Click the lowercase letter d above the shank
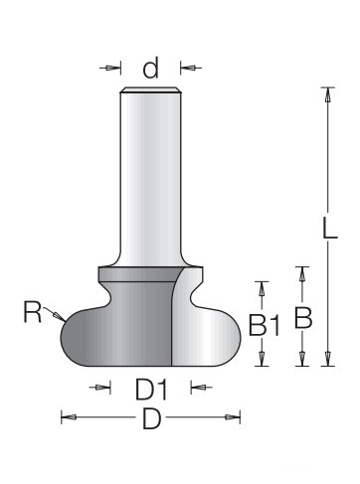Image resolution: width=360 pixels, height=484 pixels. [x=150, y=68]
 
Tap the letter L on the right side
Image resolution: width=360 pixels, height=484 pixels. [x=330, y=228]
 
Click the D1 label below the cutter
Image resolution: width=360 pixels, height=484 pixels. [x=151, y=390]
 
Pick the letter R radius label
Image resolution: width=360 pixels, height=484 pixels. [x=33, y=311]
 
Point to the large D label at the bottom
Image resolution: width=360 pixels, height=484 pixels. [x=151, y=418]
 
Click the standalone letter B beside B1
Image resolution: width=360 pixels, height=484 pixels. [x=303, y=318]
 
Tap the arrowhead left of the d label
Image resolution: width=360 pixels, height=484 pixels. [x=112, y=68]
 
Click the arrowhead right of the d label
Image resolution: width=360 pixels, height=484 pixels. [x=188, y=68]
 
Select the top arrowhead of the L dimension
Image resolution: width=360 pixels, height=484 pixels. [x=328, y=95]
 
